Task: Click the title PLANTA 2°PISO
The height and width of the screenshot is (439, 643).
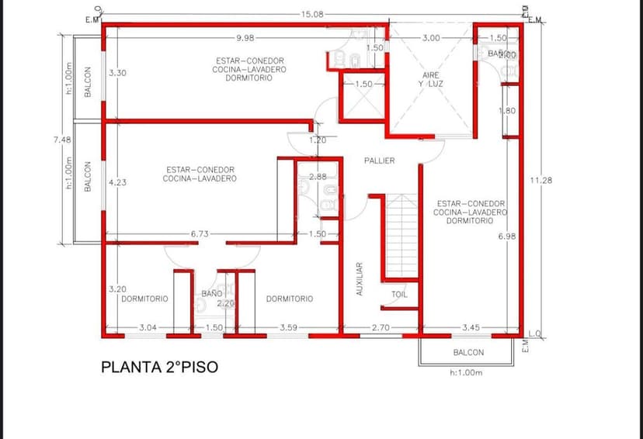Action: click(159, 367)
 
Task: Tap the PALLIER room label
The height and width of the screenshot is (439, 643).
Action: click(379, 161)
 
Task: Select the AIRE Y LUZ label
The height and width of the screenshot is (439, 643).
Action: click(431, 79)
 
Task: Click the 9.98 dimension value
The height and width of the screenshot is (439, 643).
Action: click(247, 37)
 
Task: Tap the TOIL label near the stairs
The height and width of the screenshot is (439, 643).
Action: click(399, 295)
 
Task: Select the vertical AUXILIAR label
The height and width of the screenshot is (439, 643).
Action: click(360, 278)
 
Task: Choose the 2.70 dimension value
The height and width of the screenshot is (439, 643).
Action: click(380, 328)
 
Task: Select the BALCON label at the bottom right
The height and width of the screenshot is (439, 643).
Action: click(468, 352)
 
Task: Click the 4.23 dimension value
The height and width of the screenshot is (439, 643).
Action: click(118, 182)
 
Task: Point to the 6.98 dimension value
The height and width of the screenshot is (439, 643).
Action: click(507, 236)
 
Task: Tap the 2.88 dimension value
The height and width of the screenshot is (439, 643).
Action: click(318, 177)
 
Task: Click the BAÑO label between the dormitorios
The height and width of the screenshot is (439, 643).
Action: click(212, 294)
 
